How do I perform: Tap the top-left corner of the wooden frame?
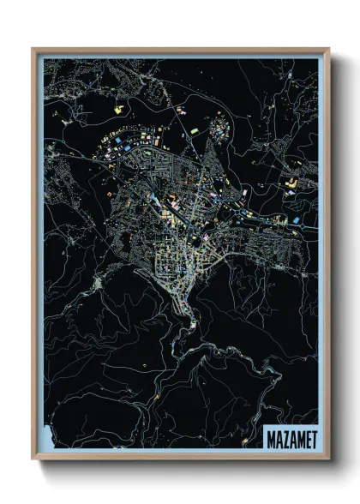[x=33, y=49]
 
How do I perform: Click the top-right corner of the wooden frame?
[x=328, y=49]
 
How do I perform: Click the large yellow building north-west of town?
[x=118, y=109]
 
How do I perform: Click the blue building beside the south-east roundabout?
[x=296, y=220]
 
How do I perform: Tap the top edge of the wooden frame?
[x=180, y=50]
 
